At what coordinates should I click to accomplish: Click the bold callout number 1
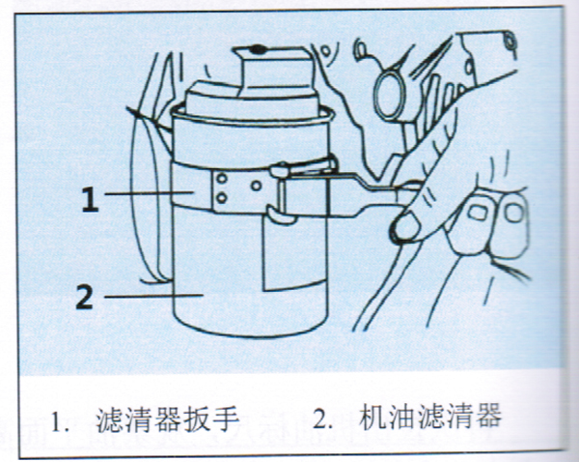(90, 199)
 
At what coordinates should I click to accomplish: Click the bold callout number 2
(85, 297)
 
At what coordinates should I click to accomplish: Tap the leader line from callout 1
(150, 192)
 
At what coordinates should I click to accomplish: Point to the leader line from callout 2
(153, 296)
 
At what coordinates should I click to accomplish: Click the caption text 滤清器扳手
(167, 419)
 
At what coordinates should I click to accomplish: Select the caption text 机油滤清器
(430, 417)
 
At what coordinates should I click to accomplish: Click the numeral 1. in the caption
(60, 421)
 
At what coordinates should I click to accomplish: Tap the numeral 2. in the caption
(322, 419)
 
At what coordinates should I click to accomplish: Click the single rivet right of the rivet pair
(257, 186)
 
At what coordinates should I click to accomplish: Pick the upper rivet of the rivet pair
(222, 179)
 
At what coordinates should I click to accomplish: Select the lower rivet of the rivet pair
(222, 198)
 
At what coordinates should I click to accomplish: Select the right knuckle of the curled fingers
(513, 213)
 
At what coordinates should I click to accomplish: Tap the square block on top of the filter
(274, 72)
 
